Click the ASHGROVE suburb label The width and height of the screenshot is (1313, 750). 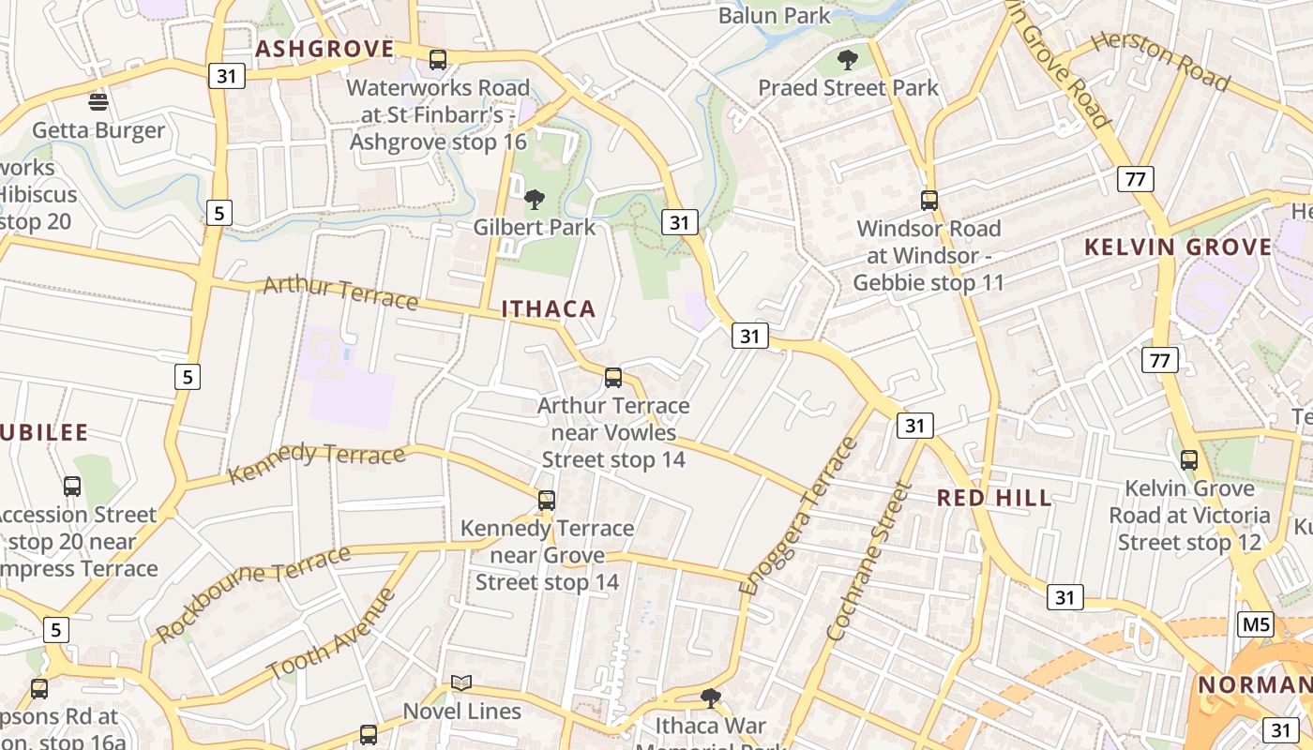point(324,50)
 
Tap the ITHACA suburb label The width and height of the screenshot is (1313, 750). point(549,309)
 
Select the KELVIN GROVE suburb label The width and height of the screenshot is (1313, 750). point(1179,247)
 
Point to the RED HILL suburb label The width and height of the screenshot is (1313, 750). point(995,498)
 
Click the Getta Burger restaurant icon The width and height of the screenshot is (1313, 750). point(98,100)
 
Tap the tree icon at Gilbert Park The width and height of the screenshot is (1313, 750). point(535,199)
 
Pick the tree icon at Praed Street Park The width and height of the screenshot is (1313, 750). point(848,61)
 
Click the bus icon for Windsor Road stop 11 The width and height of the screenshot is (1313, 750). point(929,200)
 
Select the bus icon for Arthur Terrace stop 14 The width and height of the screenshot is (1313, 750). point(613,378)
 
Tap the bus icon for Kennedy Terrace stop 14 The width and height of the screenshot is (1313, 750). point(547,501)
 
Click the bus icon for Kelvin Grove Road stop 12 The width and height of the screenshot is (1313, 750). point(1189,460)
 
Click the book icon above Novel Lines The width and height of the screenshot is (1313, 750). point(461,682)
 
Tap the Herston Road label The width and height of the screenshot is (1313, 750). point(1160,60)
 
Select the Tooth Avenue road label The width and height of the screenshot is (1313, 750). point(332,634)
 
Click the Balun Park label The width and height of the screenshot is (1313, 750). point(775,15)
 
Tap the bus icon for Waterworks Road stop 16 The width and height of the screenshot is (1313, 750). point(438,60)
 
